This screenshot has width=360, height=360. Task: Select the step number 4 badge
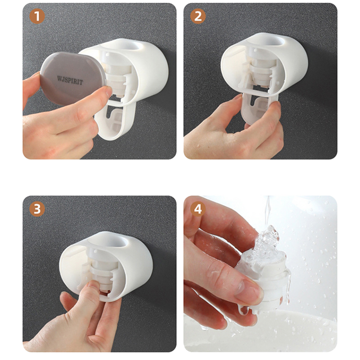[x=198, y=210]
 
